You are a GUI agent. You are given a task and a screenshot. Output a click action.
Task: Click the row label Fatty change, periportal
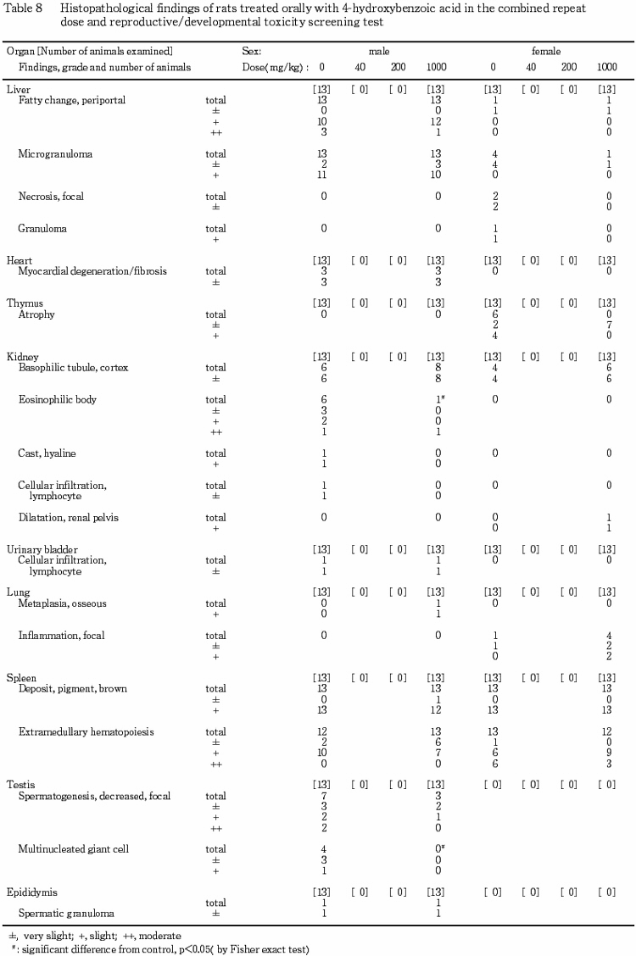(71, 100)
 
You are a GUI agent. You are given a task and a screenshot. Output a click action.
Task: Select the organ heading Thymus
(24, 303)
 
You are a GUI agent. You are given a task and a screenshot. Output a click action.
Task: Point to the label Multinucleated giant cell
(74, 848)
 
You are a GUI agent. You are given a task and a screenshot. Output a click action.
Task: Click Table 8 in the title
(24, 7)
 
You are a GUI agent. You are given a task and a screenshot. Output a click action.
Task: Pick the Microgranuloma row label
(55, 153)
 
